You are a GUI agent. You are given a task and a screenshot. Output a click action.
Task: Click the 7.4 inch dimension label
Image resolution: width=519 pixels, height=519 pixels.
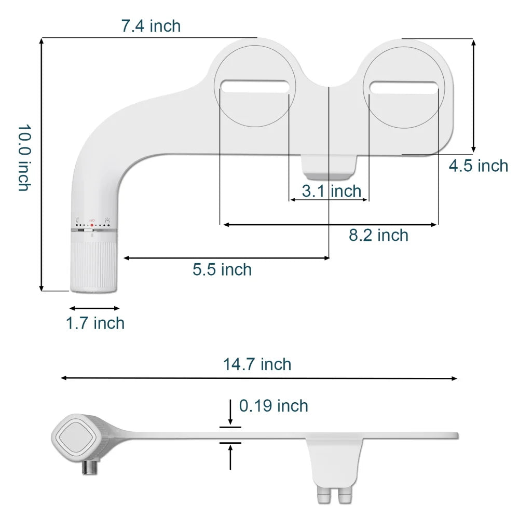[x=151, y=26]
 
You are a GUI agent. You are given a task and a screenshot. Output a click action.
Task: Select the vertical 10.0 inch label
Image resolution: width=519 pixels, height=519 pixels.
[x=24, y=157]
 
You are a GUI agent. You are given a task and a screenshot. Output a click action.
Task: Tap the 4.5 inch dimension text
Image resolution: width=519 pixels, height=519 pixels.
[x=478, y=166]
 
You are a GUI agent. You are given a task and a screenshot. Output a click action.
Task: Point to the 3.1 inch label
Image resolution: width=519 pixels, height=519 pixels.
[x=331, y=191]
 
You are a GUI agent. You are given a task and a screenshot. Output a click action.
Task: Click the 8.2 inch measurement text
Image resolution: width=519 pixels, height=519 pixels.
[x=378, y=236]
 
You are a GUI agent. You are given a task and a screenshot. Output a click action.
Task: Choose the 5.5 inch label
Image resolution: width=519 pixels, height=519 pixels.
[x=222, y=269]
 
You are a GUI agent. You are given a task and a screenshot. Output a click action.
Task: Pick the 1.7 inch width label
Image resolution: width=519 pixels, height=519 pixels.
[x=95, y=323]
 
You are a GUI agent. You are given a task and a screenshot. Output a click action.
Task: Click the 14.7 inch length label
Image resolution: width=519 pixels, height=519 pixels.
[x=257, y=364]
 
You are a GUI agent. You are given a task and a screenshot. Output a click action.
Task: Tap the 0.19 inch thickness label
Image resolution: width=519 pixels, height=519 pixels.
[x=274, y=406]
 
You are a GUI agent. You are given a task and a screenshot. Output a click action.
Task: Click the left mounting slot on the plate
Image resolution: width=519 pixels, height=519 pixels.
[x=254, y=86]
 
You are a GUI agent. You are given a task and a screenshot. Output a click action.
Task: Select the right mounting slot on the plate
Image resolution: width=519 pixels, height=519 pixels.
[x=404, y=87]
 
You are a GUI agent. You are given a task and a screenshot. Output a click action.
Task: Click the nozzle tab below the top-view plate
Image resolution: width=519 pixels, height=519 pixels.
[x=329, y=166]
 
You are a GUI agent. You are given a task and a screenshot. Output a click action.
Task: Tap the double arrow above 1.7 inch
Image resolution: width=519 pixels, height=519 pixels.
[x=95, y=308]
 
